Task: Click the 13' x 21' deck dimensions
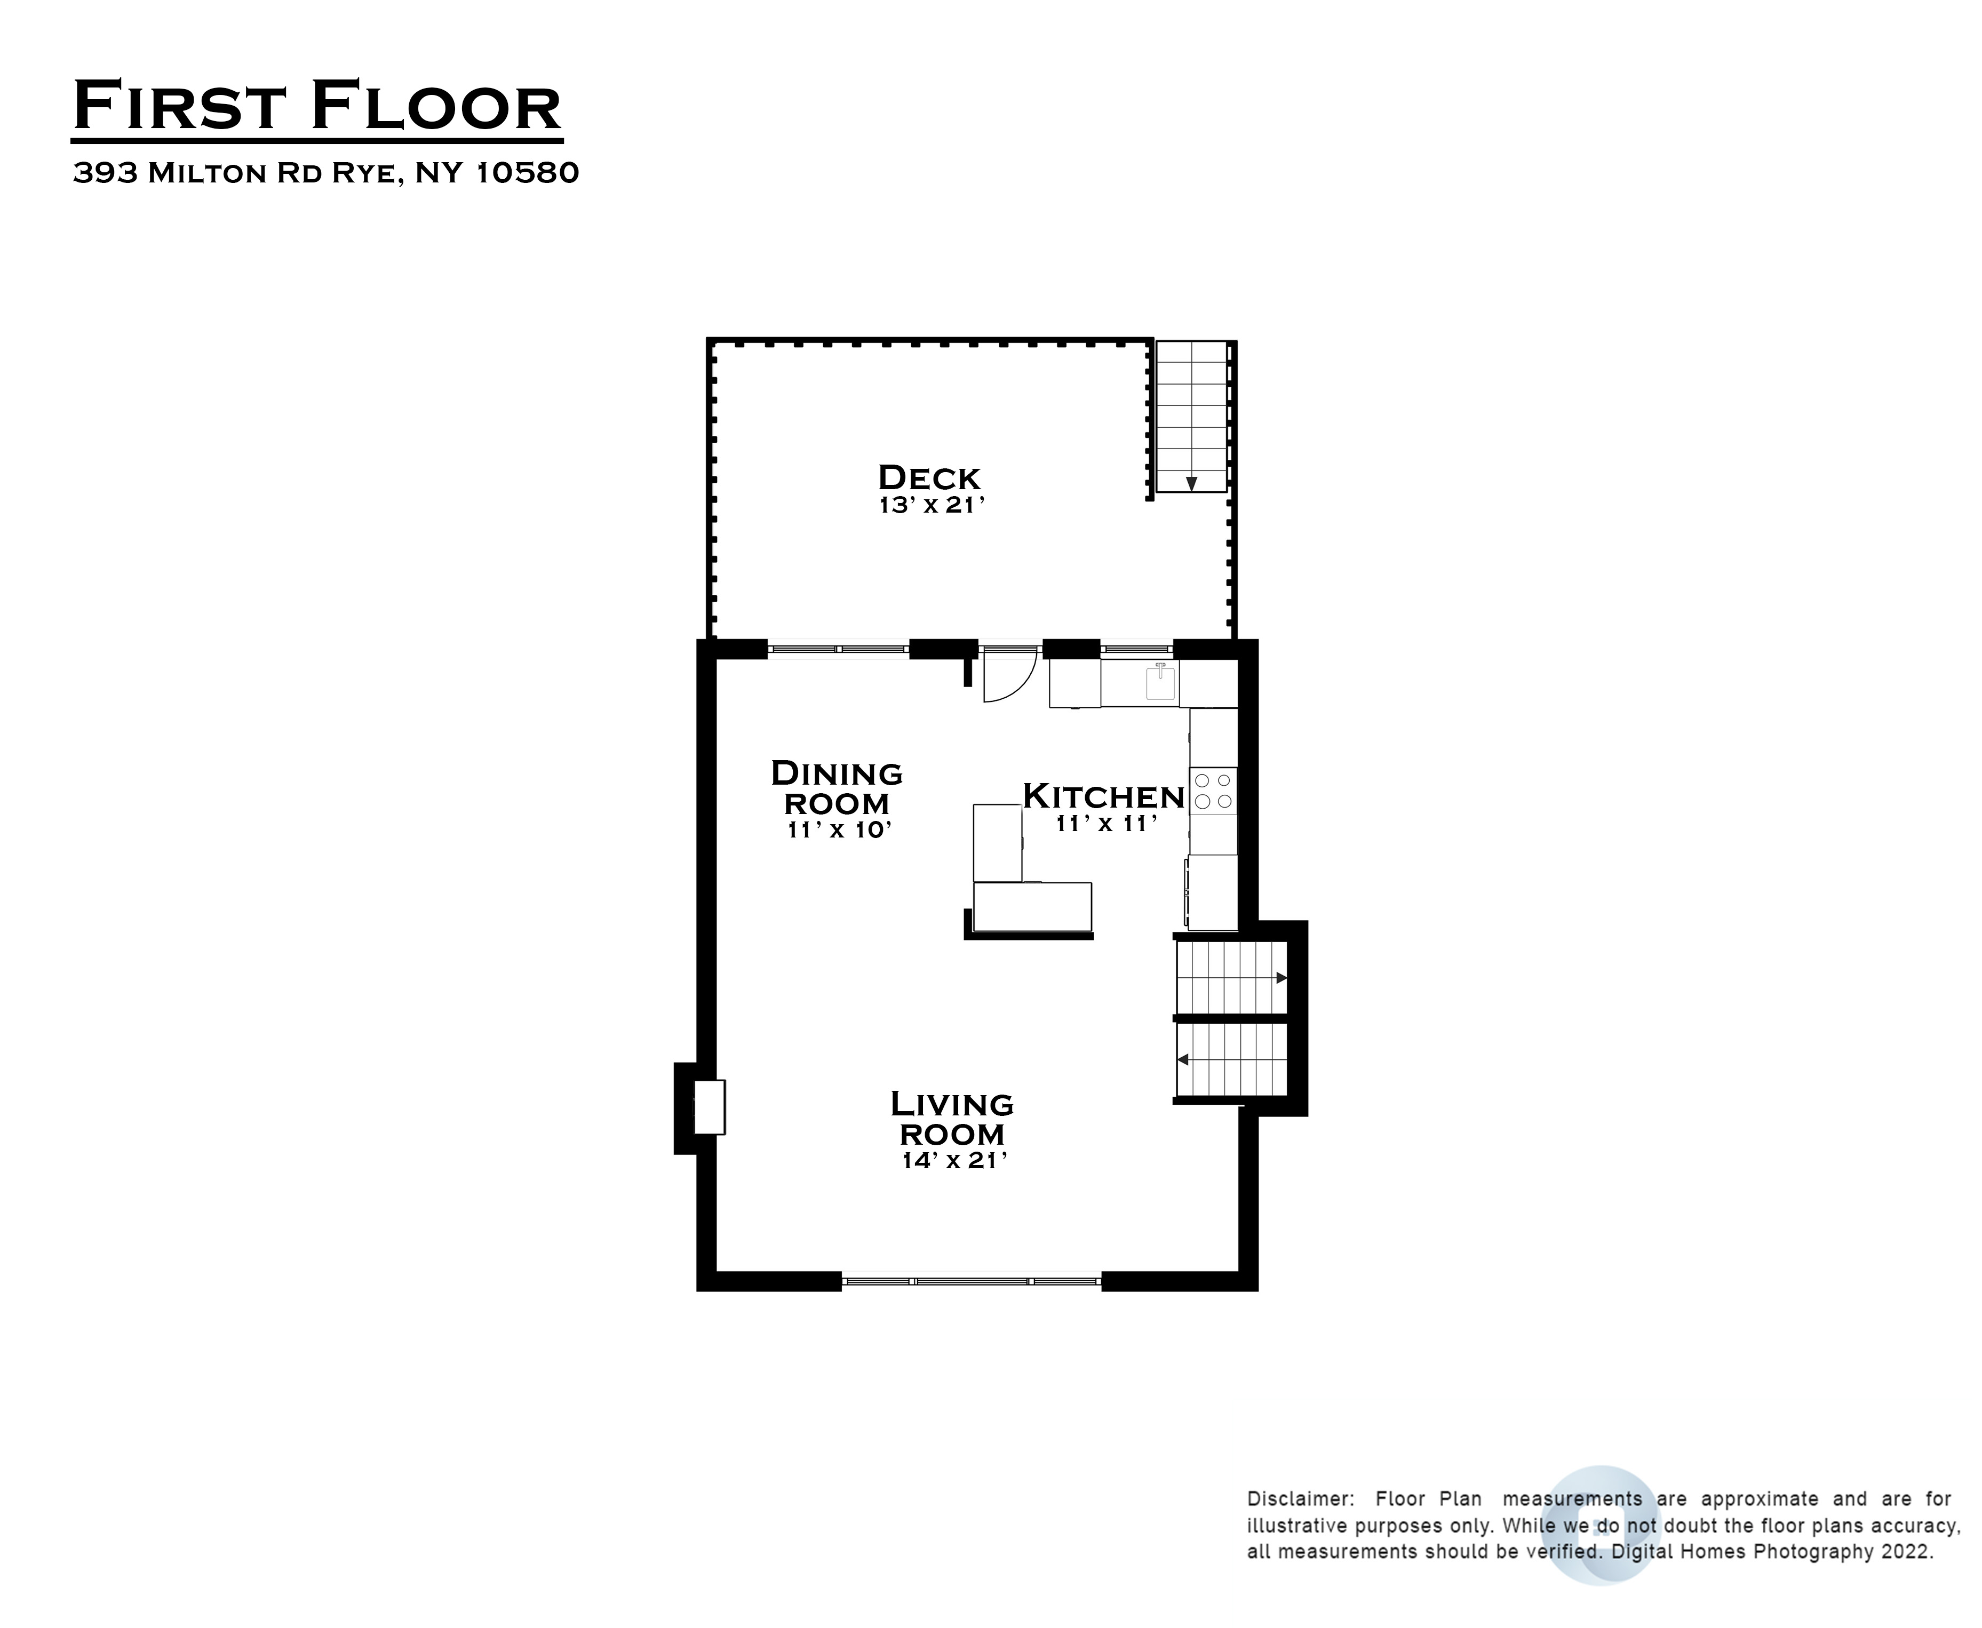point(932,506)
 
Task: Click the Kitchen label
point(1104,796)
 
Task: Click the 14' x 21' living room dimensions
point(954,1160)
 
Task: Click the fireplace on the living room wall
point(708,1107)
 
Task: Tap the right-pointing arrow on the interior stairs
point(1281,978)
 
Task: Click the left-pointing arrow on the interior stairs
point(1183,1060)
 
